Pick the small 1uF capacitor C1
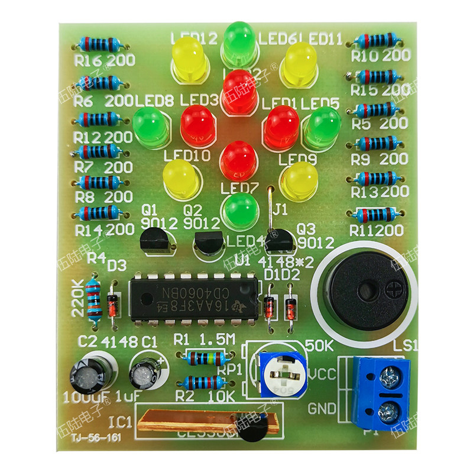[x=146, y=371]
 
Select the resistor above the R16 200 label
[x=98, y=44]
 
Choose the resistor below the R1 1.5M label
[x=205, y=358]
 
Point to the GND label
[x=323, y=408]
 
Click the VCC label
[x=322, y=373]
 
